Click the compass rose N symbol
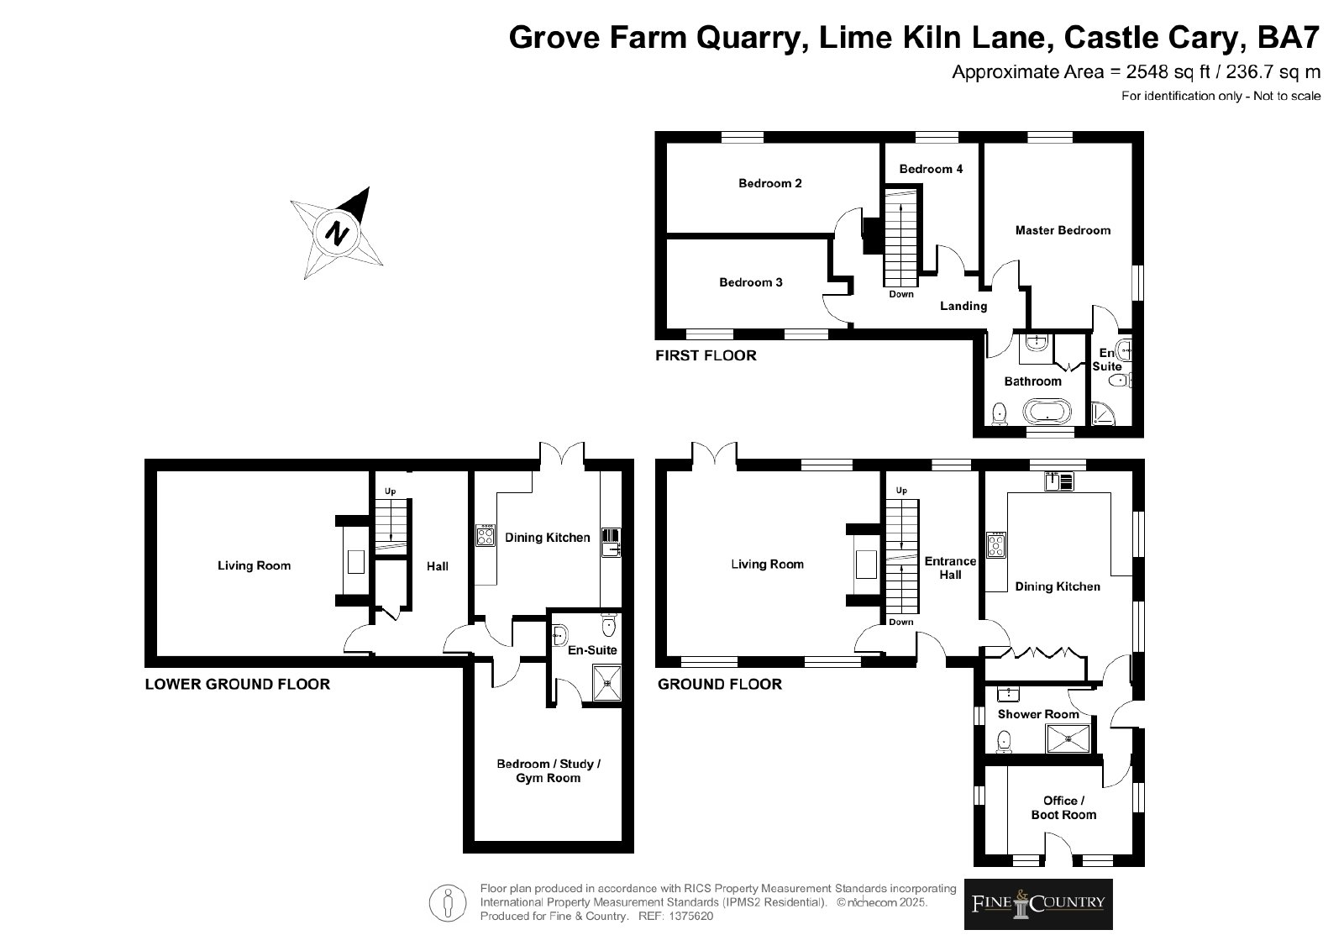pos(337,233)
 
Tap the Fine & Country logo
pos(1038,904)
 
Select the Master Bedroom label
pos(1063,230)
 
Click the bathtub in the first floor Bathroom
pos(1047,412)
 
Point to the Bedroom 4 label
pos(931,169)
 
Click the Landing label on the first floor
pos(963,307)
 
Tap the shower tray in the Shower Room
pos(1068,738)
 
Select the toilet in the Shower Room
pos(1003,742)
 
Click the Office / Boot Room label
pos(1063,807)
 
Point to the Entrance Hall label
pos(950,568)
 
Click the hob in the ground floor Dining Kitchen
pos(996,545)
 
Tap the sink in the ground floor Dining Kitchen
pos(1058,481)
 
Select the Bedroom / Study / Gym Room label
pos(549,771)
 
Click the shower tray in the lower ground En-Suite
pos(606,683)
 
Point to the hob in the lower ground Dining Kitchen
pos(486,535)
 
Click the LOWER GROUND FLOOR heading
pos(238,685)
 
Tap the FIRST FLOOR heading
pos(706,356)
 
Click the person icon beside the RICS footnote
pos(448,902)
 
